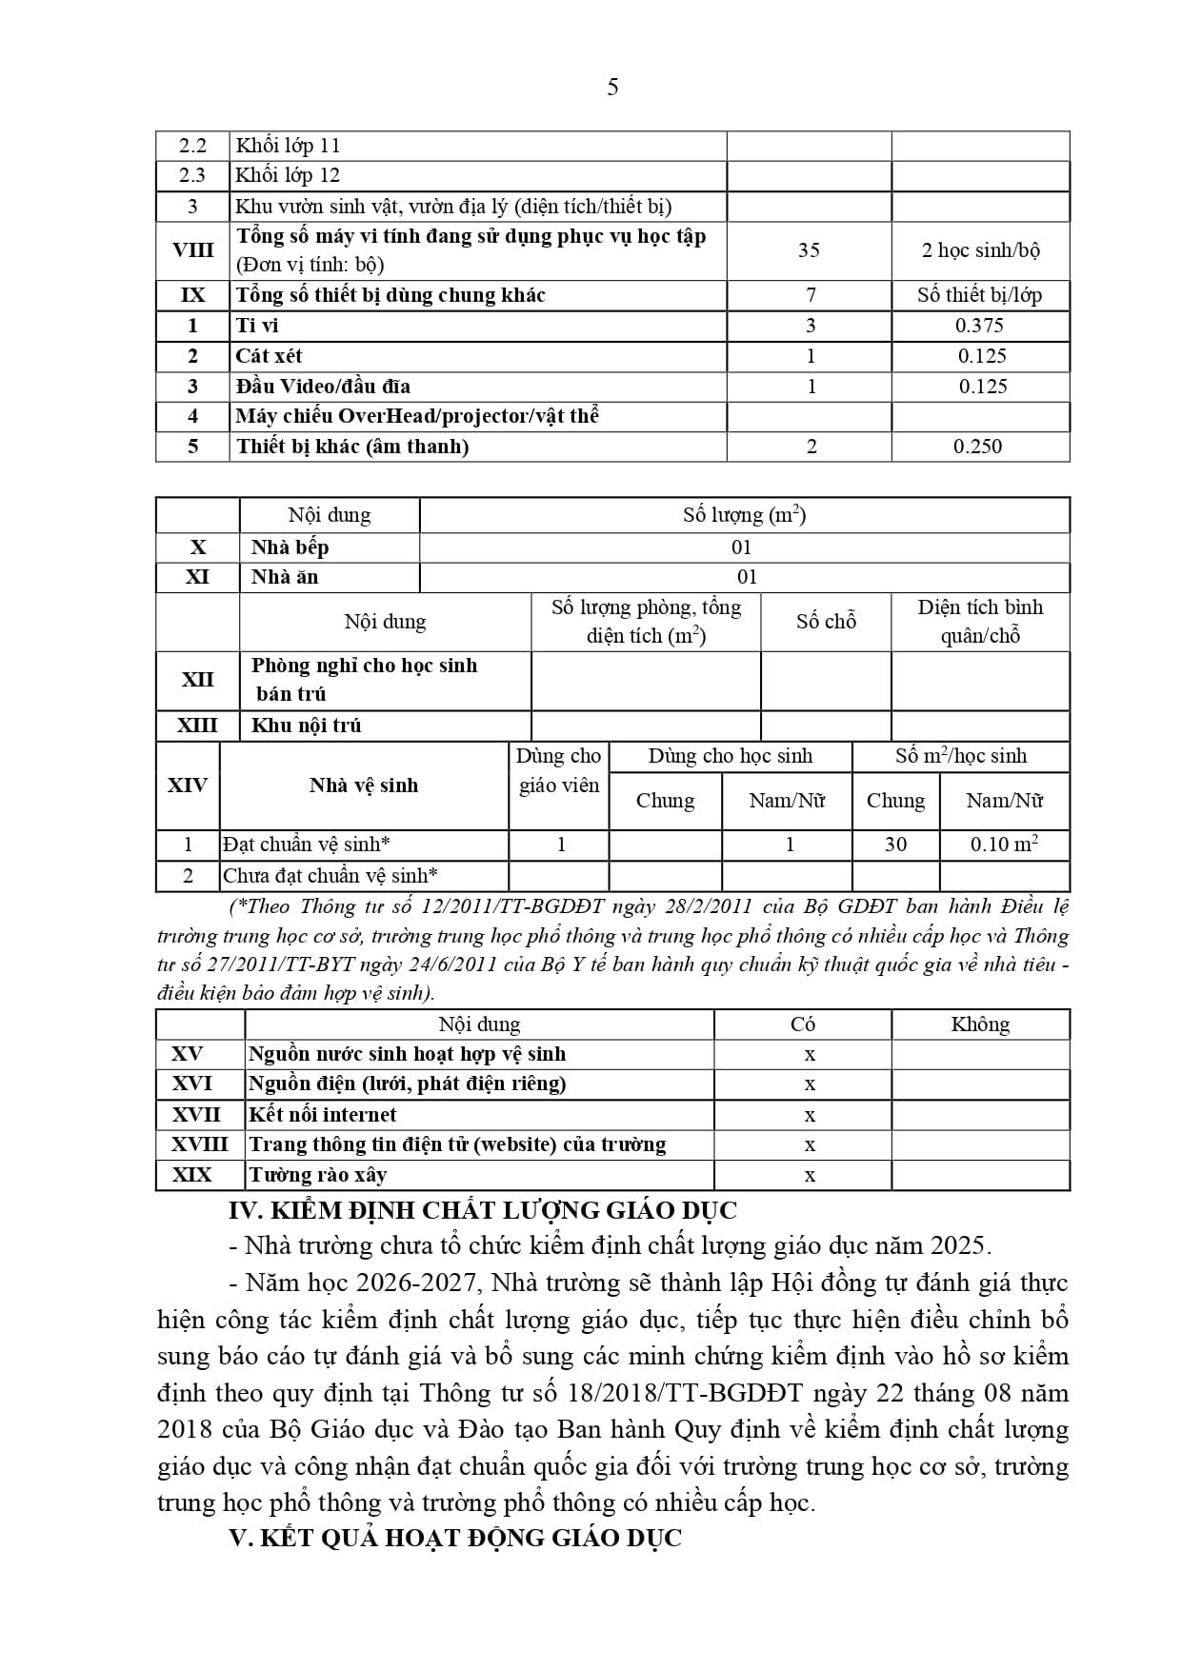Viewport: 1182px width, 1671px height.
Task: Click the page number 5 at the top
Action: point(612,88)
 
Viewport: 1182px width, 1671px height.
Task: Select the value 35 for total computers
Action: point(809,250)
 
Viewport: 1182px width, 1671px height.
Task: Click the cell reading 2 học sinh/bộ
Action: point(980,250)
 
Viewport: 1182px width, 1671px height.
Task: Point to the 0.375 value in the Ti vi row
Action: point(980,326)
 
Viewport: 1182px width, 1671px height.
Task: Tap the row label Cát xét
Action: point(269,356)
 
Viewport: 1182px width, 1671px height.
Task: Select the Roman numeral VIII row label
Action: point(192,250)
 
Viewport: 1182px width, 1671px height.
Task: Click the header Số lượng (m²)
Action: point(744,515)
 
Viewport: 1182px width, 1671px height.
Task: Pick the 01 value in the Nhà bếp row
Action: point(742,547)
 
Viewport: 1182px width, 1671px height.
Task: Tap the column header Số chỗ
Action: point(826,622)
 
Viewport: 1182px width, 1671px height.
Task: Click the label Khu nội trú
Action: point(306,726)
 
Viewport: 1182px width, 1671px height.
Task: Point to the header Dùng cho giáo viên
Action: point(558,770)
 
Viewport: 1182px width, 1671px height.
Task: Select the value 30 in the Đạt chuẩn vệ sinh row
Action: point(895,845)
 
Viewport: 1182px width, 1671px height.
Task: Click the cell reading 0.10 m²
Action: point(1004,845)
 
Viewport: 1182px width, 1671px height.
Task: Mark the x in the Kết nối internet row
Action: point(810,1115)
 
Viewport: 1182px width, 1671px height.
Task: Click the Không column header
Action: point(980,1024)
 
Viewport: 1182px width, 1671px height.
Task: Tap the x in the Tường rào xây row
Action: point(810,1176)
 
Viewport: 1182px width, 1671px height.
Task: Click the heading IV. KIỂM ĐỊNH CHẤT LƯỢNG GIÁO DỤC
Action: point(483,1211)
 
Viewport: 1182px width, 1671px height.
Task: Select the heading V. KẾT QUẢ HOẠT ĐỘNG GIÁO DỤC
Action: point(455,1539)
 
